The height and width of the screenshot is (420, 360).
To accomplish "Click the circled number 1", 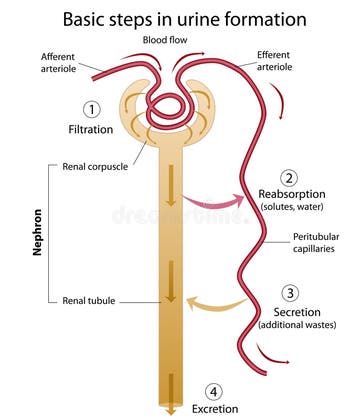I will (92, 109).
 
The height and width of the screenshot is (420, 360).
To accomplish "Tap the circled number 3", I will (290, 293).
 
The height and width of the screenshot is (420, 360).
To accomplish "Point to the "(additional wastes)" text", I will (298, 326).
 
